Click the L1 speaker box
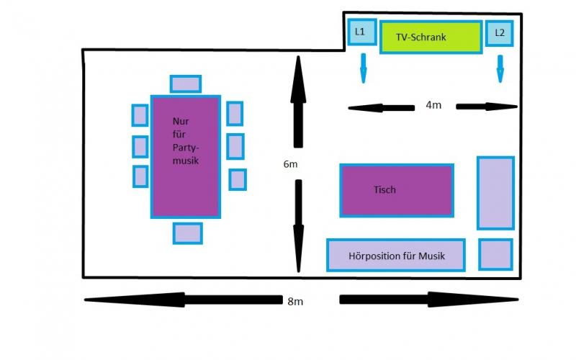pyautogui.click(x=361, y=32)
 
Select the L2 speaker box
pyautogui.click(x=500, y=33)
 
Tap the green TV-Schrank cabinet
pyautogui.click(x=431, y=37)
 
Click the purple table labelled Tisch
pyautogui.click(x=396, y=190)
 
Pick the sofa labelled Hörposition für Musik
pyautogui.click(x=396, y=256)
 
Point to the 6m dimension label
pyautogui.click(x=290, y=164)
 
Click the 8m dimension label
pyautogui.click(x=295, y=301)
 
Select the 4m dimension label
pyautogui.click(x=433, y=106)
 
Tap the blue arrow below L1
pyautogui.click(x=363, y=67)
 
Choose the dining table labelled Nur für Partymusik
pyautogui.click(x=185, y=156)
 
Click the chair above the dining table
pyautogui.click(x=186, y=84)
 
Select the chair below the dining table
pyautogui.click(x=187, y=233)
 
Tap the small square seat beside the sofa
pyautogui.click(x=495, y=255)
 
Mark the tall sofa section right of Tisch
pyautogui.click(x=495, y=193)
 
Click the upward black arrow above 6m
pyautogui.click(x=297, y=101)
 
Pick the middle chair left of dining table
pyautogui.click(x=140, y=146)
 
